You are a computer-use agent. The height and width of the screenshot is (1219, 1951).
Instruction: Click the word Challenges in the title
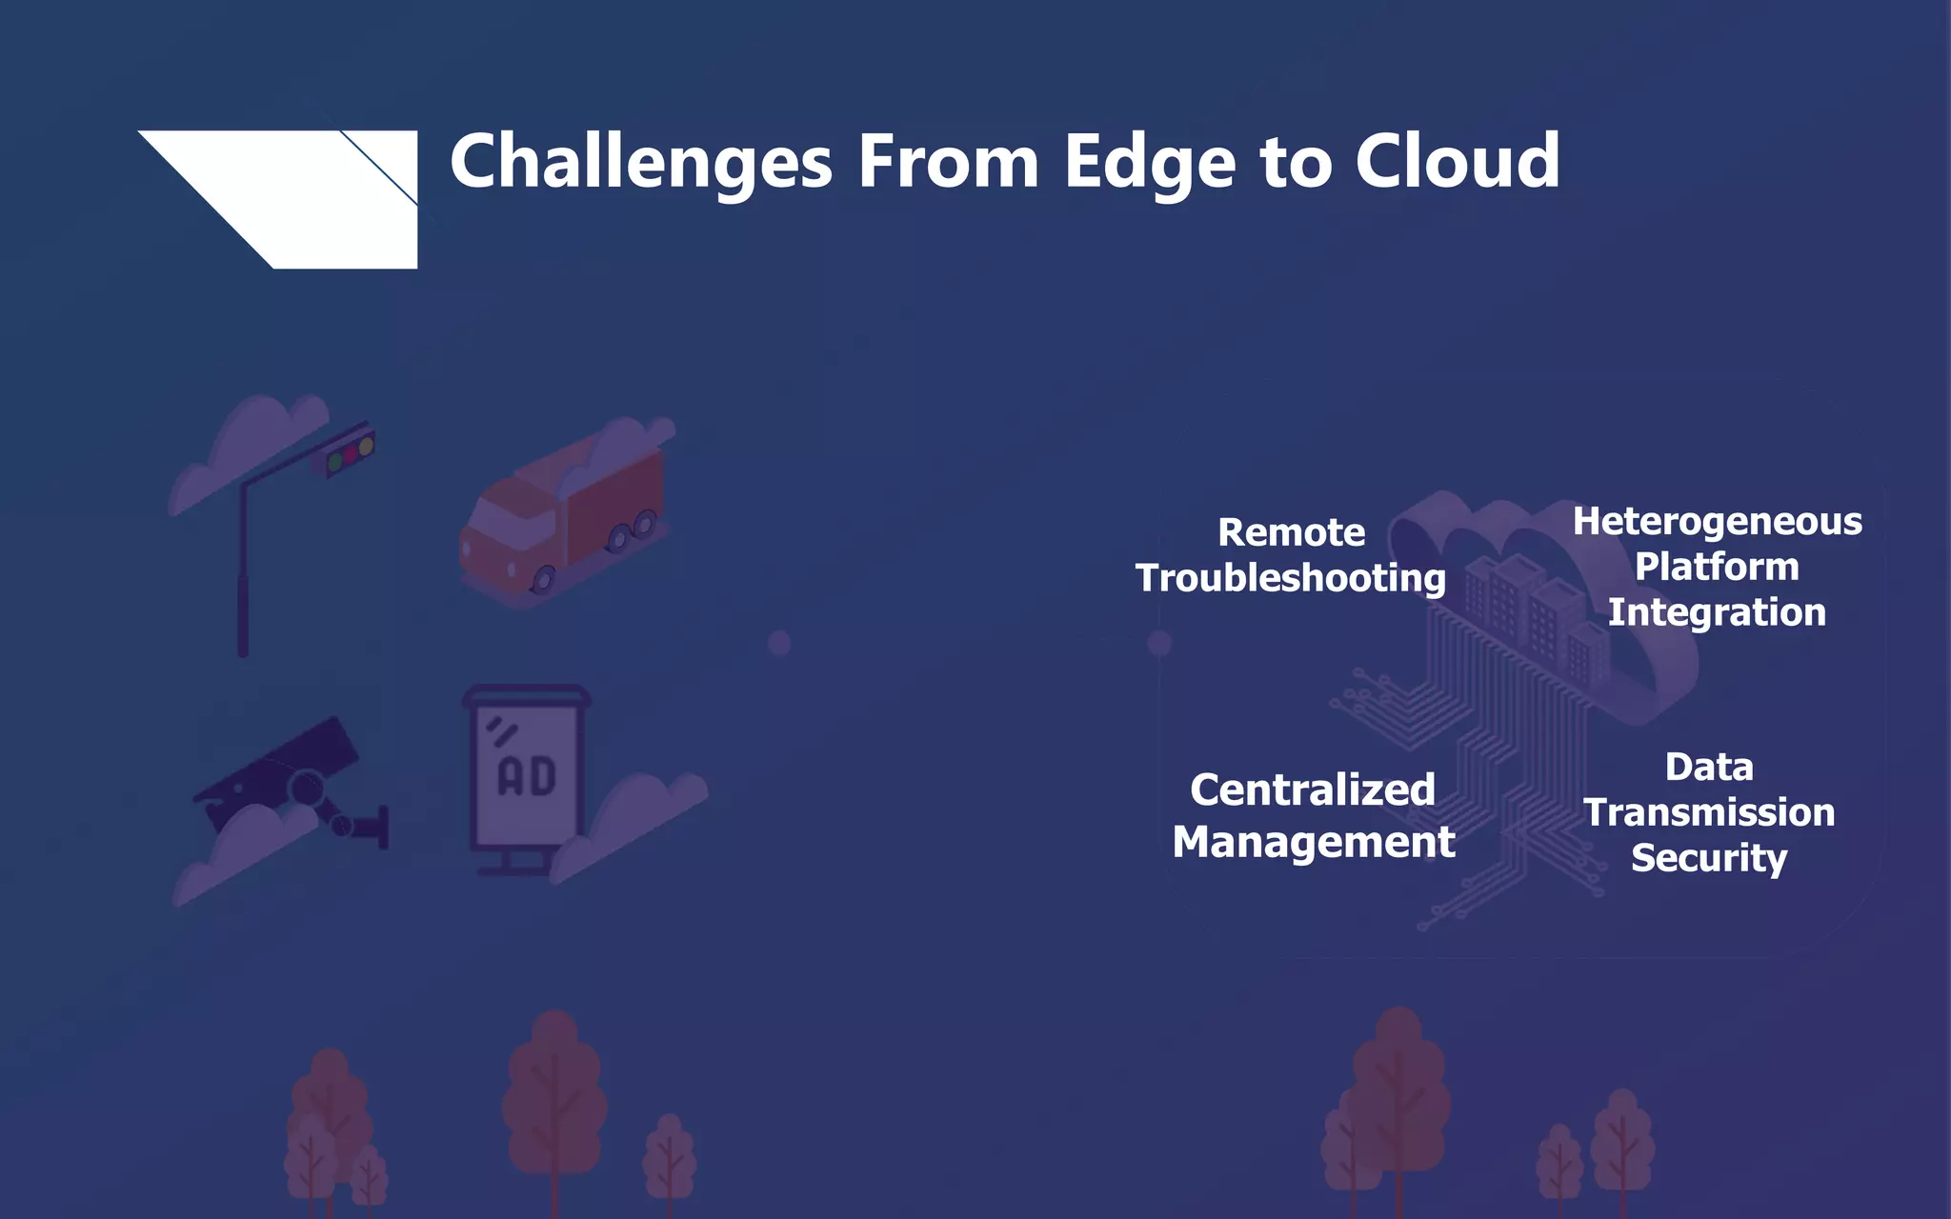(x=640, y=162)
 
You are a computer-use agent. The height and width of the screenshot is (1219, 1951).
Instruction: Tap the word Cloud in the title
(x=1457, y=162)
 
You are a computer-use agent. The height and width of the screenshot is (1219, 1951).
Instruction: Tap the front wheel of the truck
(x=543, y=577)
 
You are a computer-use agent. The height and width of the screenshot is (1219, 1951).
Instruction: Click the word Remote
(x=1291, y=532)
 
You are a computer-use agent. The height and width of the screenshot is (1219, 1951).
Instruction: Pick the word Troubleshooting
(x=1291, y=578)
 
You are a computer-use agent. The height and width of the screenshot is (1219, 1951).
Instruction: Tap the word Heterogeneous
(x=1717, y=522)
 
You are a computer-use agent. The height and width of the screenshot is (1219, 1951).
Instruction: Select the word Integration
(x=1717, y=612)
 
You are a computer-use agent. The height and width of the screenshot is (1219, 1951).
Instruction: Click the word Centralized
(x=1312, y=790)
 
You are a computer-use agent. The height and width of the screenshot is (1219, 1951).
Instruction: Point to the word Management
(x=1313, y=843)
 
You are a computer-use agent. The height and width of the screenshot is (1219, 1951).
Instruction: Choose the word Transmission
(x=1708, y=813)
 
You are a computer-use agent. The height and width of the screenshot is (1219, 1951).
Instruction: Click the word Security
(x=1708, y=858)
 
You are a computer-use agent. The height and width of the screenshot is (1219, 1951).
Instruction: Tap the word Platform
(x=1717, y=568)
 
